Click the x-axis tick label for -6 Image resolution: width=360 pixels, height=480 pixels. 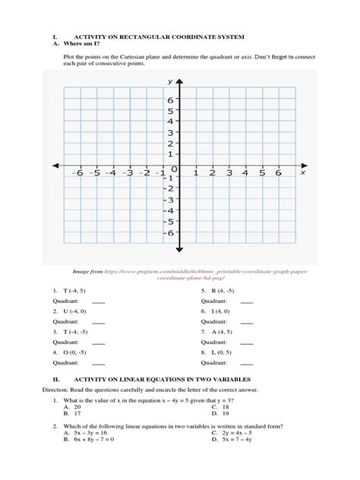[x=77, y=173]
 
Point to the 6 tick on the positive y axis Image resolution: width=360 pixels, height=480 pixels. [x=171, y=99]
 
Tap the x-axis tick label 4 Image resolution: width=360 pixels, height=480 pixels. [x=245, y=173]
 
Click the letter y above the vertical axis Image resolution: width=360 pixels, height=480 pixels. [x=170, y=81]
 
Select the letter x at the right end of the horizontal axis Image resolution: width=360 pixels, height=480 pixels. [x=302, y=172]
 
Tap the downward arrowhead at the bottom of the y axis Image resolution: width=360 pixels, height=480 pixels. [x=178, y=248]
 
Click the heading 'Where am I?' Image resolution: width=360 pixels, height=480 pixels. [x=86, y=44]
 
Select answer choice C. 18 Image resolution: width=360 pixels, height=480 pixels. [x=219, y=406]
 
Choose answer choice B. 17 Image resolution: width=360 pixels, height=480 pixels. [x=73, y=414]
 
